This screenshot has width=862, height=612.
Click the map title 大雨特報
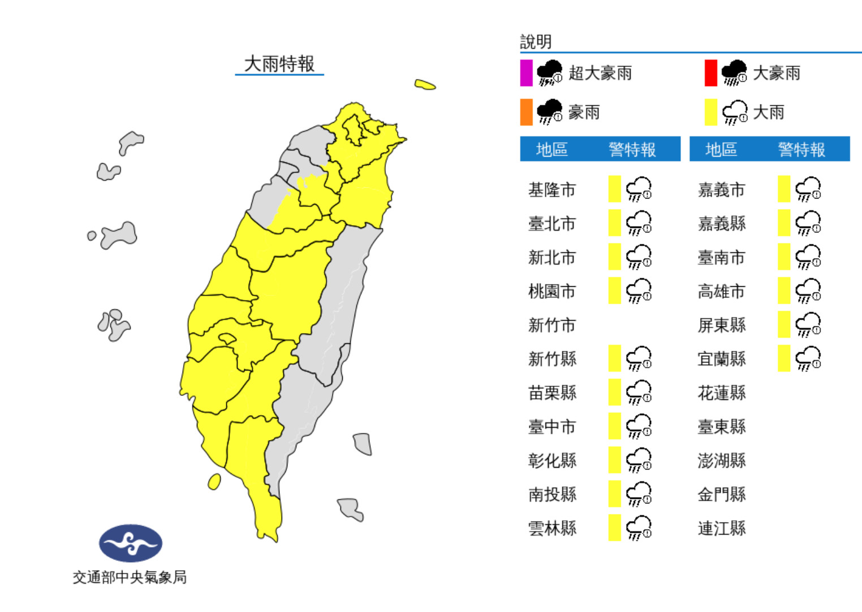coord(279,64)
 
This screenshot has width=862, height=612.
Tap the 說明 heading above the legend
coord(536,41)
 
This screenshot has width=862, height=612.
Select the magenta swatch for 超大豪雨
coord(526,73)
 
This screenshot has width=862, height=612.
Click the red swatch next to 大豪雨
coord(710,73)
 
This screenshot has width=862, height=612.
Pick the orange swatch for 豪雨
coord(526,112)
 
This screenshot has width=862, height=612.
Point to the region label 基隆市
coord(551,189)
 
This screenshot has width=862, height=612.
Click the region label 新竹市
coord(551,325)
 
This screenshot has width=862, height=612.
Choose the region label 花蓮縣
coord(721,393)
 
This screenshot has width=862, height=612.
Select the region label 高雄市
coord(721,291)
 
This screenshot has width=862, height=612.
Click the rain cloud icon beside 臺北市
coord(639,223)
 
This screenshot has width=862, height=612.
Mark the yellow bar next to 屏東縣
coord(783,325)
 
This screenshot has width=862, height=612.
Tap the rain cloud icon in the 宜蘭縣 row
coord(808,359)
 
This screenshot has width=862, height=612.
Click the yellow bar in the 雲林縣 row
coord(614,528)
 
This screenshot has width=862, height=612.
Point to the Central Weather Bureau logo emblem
coord(131,543)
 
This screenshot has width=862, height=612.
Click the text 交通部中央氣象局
coord(130,577)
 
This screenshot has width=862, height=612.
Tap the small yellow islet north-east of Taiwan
coord(425,85)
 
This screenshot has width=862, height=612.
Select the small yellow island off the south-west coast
coord(214,481)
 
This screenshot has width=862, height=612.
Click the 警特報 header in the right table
coord(801,149)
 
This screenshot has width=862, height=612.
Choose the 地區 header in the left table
coord(551,149)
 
